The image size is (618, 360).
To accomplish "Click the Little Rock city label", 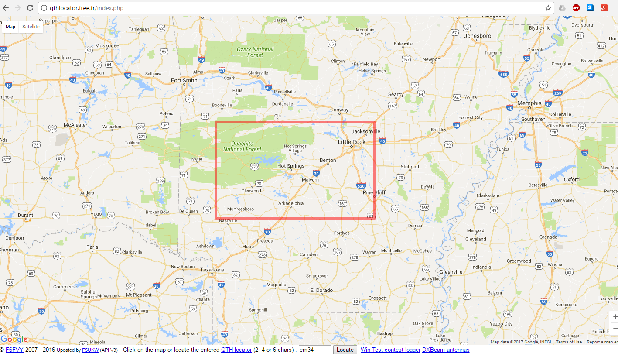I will coord(352,142).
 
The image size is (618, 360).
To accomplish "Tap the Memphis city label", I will coord(529,103).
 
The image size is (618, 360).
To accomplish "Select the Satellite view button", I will coord(31,27).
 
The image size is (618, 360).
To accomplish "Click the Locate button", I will coord(345,350).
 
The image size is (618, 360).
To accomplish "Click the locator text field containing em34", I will coord(315,350).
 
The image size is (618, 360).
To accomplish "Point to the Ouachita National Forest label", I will coord(242,147).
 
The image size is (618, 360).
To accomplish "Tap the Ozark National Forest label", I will coord(255,52).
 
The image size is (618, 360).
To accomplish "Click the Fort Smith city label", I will coord(184,80).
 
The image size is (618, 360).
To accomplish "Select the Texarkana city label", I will coord(212,270).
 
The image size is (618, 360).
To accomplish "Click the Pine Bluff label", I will coord(374,192).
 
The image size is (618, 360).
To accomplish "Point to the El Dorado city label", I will coord(321,290).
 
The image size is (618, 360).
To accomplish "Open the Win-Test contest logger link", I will coord(390,350).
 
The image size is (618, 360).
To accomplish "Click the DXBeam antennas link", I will coord(445,350).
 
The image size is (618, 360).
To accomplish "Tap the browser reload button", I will coord(30,8).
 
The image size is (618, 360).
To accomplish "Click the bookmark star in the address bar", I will coord(548,8).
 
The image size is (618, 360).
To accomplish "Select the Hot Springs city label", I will coord(291,166).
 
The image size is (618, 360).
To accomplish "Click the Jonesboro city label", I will coord(478,36).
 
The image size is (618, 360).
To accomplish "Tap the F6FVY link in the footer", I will coord(14,350).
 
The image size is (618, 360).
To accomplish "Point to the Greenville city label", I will coord(451,272).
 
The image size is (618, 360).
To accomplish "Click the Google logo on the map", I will coord(14,339).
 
